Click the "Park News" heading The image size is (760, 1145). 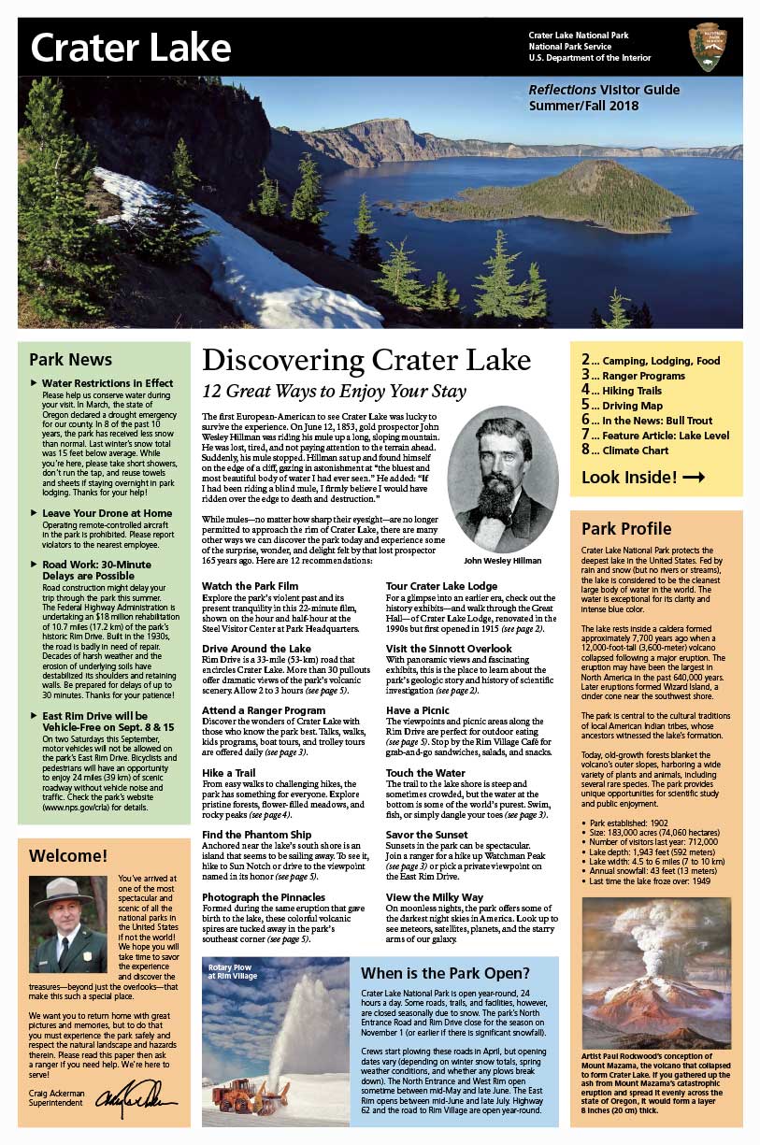click(70, 360)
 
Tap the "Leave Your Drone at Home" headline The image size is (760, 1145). click(107, 513)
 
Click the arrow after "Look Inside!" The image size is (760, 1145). click(694, 478)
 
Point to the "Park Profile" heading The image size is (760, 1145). click(626, 528)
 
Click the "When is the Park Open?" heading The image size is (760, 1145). click(445, 972)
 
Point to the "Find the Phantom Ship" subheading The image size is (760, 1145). click(258, 835)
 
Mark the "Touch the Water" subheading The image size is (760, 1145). click(425, 773)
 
